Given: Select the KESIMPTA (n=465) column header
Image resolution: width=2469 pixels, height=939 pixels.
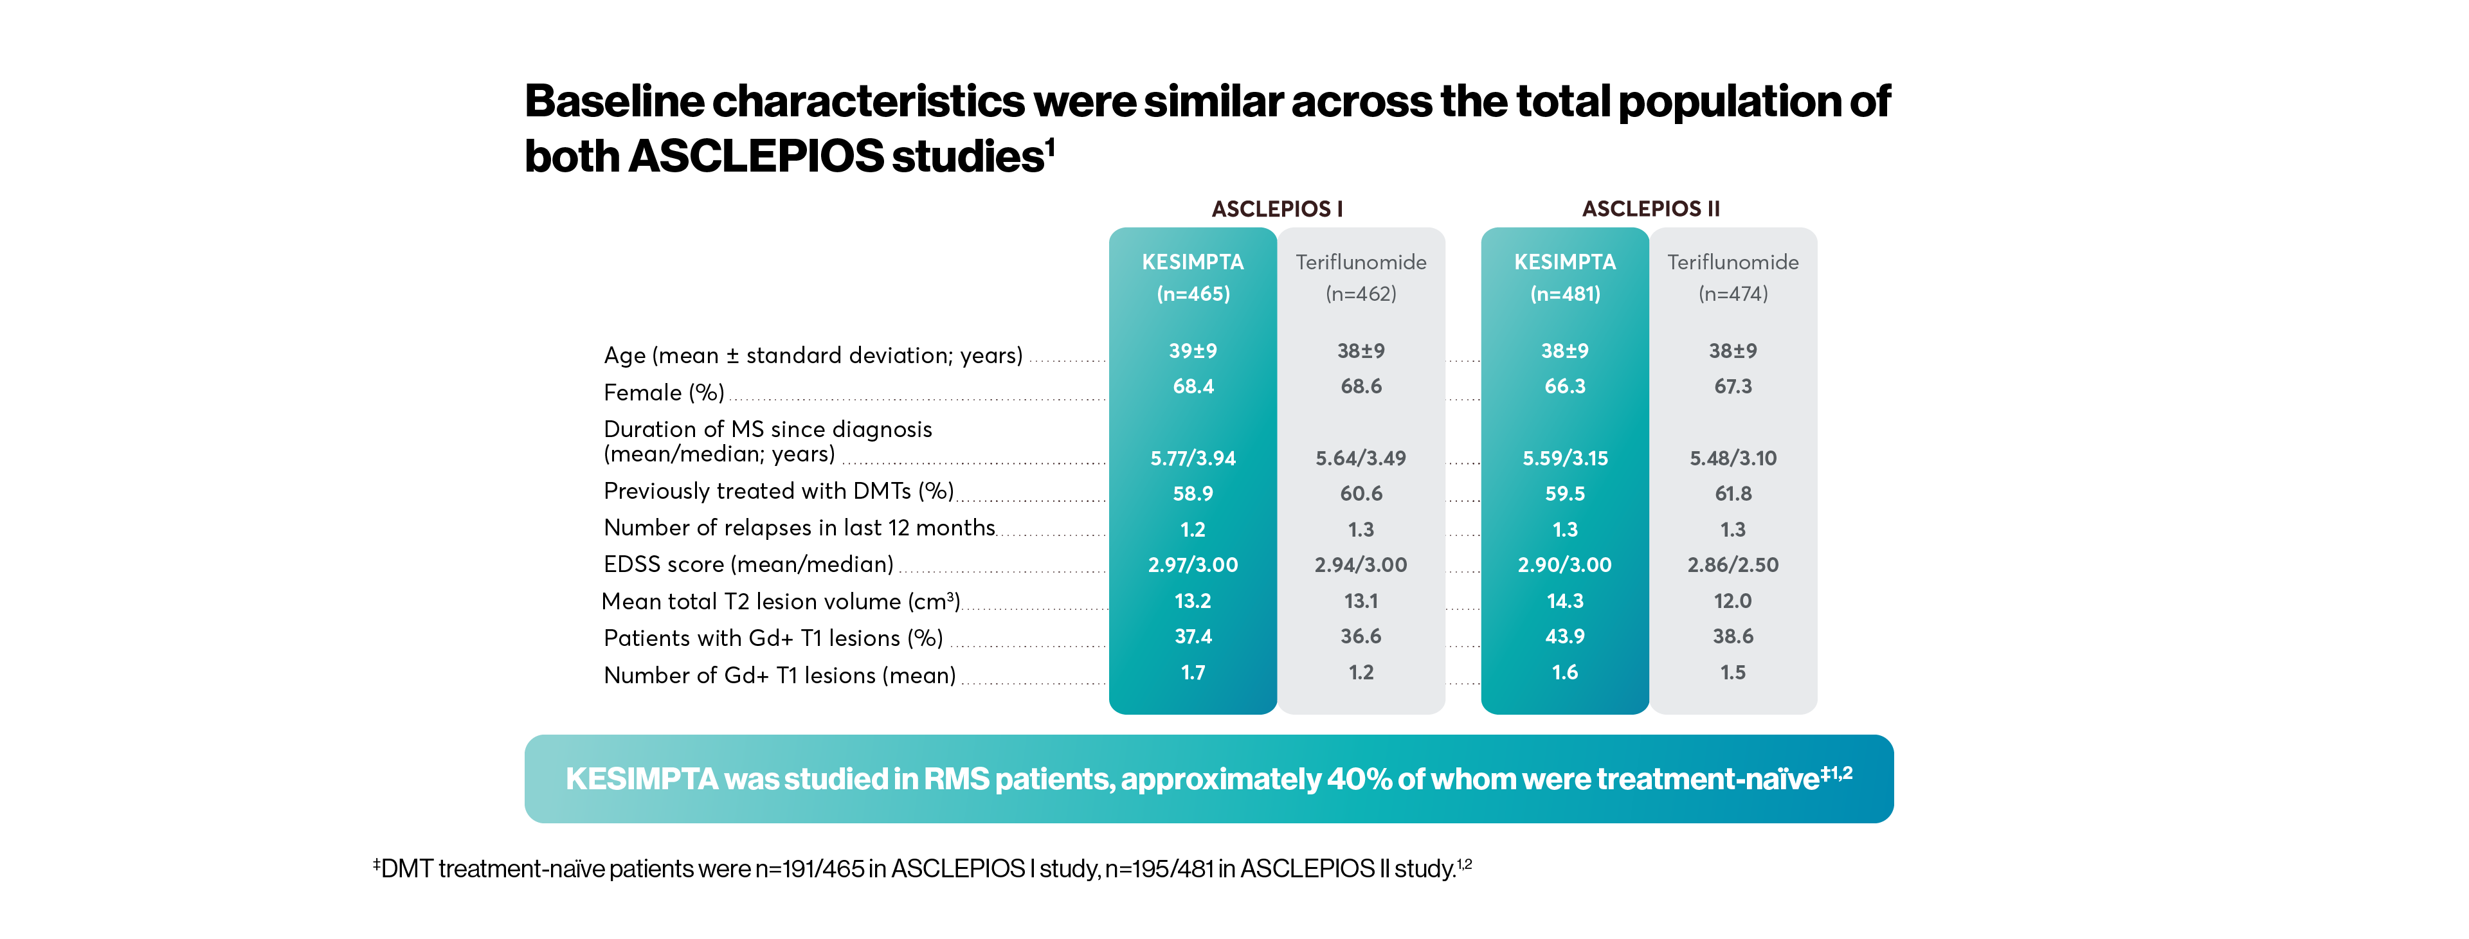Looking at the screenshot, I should point(1192,277).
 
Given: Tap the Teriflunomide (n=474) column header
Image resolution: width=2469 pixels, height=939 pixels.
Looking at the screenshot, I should point(1732,277).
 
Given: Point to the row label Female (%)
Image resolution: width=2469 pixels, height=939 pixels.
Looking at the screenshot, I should point(664,393).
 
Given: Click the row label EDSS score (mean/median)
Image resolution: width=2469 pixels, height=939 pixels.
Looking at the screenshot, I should point(748,564).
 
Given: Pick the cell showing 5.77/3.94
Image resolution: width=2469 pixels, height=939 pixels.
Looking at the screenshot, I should point(1192,458).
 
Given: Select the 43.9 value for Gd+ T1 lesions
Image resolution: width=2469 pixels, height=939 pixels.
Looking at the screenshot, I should point(1564,636).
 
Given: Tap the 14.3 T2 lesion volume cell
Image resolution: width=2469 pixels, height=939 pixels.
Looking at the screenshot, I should point(1564,601).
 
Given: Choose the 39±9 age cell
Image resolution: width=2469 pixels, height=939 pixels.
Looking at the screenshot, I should point(1192,351).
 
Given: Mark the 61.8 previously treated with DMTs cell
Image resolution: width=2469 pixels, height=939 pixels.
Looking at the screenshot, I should point(1732,494).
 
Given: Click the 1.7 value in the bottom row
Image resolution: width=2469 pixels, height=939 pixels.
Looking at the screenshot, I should point(1192,673).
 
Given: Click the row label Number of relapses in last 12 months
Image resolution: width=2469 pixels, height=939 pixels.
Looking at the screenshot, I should point(799,528).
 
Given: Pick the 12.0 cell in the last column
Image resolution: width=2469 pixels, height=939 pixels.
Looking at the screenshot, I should point(1732,601).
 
